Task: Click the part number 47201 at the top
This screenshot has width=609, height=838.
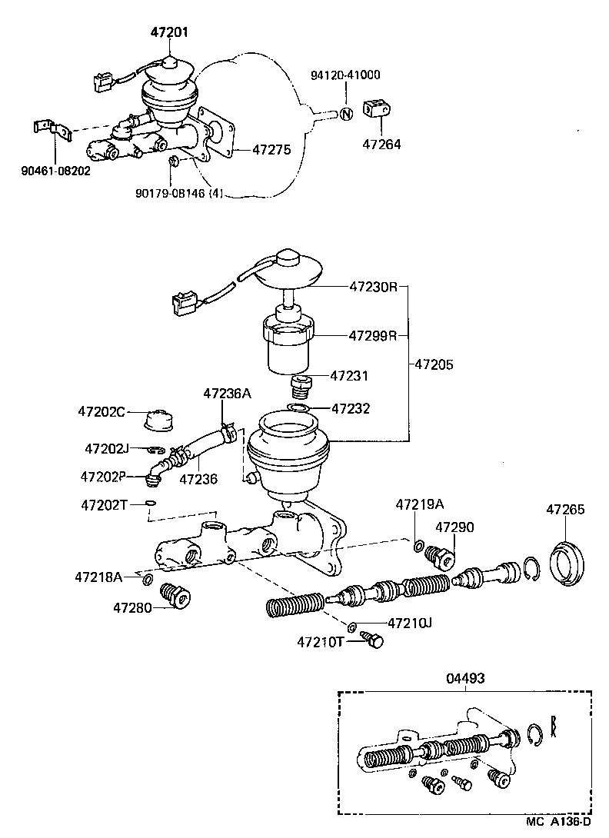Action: [x=168, y=32]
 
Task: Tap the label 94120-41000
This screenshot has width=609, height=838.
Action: [x=345, y=75]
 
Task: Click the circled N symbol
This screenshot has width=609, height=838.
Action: [x=346, y=114]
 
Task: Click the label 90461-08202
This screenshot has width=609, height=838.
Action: [x=55, y=171]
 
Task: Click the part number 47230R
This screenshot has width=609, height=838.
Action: [x=373, y=287]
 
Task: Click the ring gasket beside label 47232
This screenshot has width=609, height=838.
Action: [x=300, y=407]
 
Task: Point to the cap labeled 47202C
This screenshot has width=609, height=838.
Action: [x=159, y=421]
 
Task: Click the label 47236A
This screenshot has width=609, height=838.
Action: [x=227, y=394]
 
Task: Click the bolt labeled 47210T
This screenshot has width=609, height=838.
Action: [x=373, y=641]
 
